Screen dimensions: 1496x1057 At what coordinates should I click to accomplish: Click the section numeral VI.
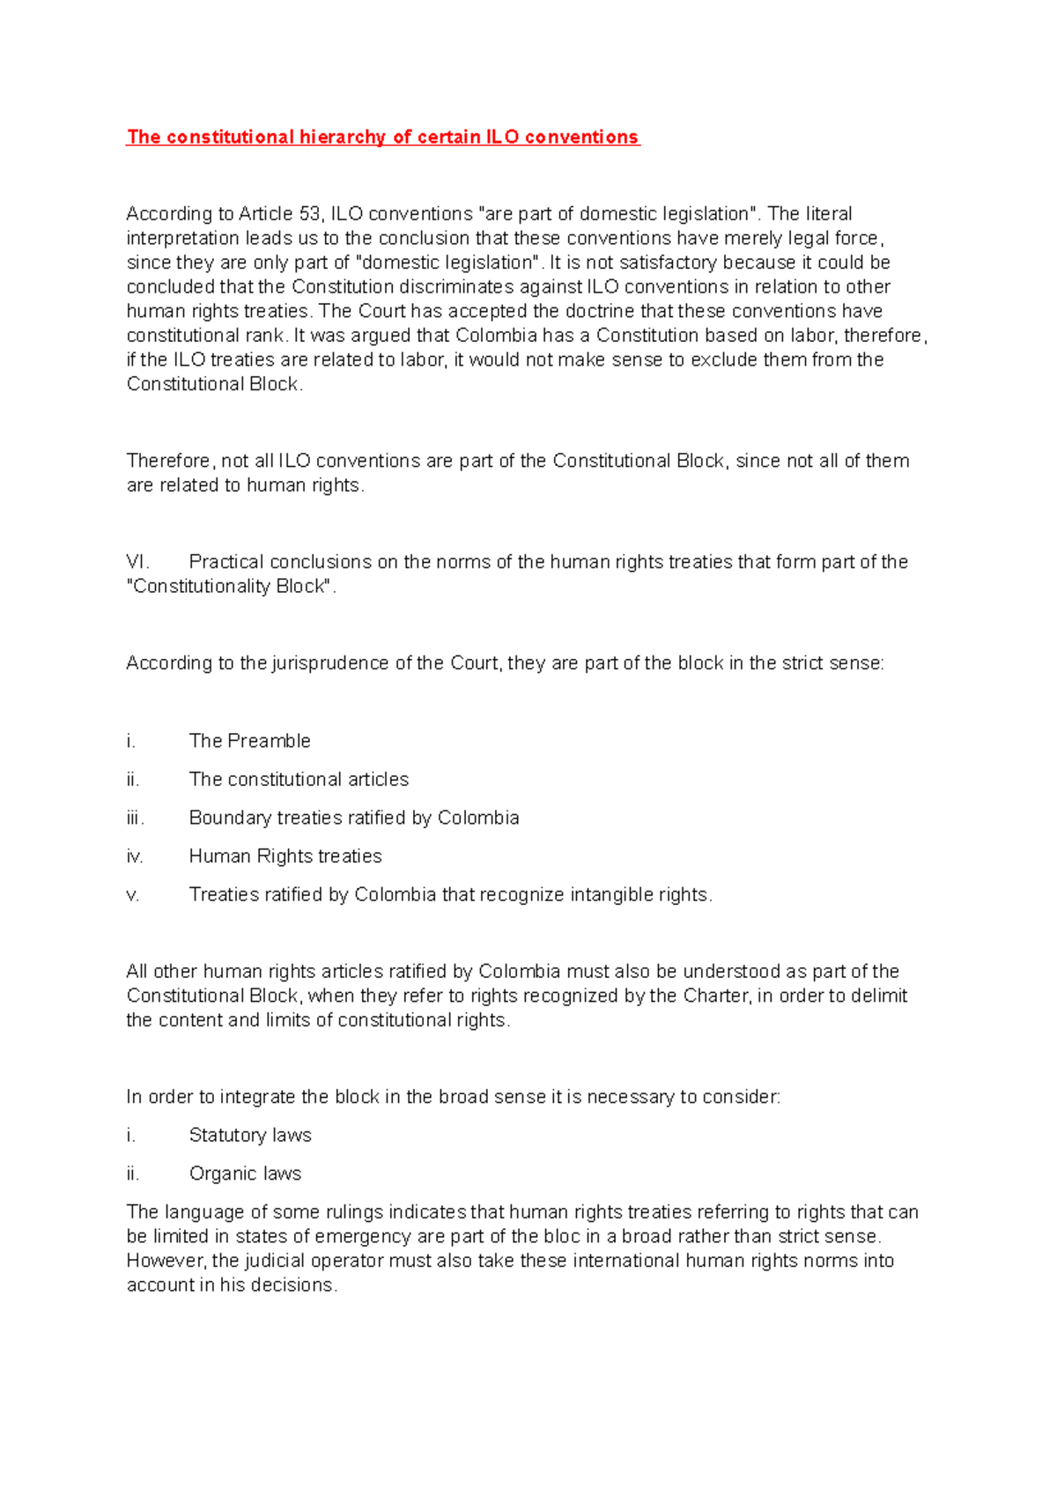(137, 562)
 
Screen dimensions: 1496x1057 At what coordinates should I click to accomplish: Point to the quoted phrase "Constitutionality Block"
(232, 587)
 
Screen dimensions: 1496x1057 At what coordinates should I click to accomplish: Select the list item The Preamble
(249, 741)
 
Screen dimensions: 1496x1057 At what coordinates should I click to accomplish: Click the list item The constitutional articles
(299, 780)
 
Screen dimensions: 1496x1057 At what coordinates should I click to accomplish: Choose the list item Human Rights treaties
(285, 856)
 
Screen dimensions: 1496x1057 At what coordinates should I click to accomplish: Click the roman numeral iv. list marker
(135, 856)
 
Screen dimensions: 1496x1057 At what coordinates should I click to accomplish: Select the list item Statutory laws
(250, 1136)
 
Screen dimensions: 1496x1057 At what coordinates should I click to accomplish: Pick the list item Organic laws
(245, 1174)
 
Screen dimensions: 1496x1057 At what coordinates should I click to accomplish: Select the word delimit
(879, 996)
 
